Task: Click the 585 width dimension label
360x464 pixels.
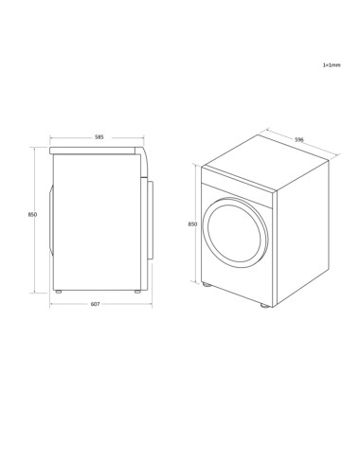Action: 98,137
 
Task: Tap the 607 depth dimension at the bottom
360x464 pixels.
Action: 98,304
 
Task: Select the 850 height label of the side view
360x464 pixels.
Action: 32,216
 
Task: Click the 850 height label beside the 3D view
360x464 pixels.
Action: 192,224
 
